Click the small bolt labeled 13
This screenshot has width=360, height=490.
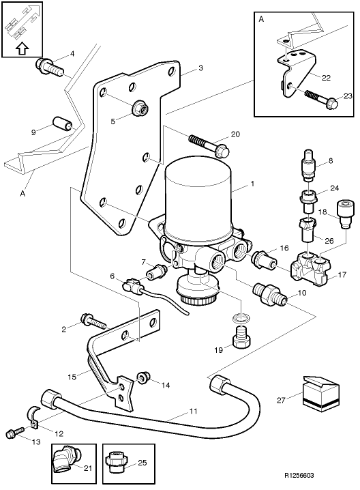(x=14, y=433)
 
